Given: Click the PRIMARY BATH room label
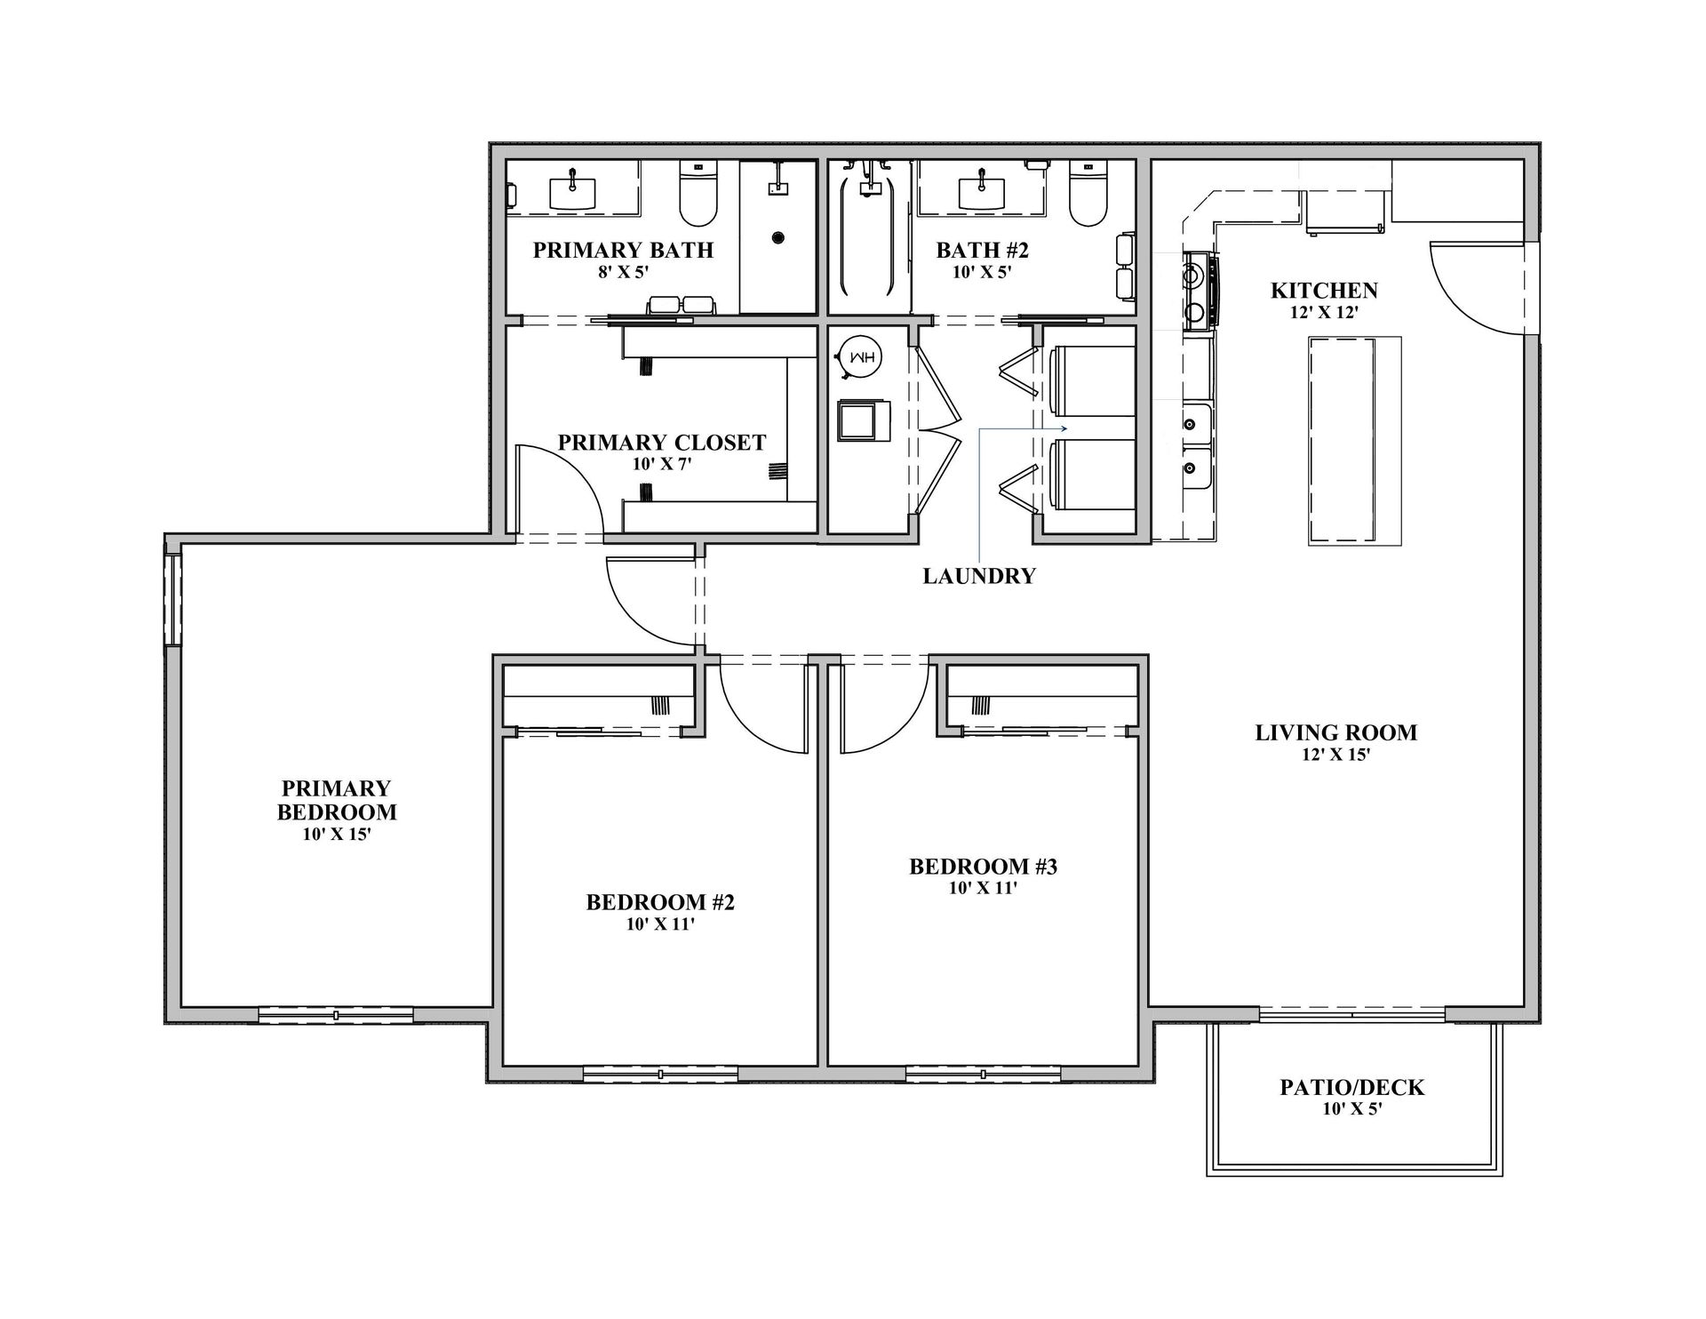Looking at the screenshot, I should click(623, 250).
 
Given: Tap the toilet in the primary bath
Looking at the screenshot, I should click(698, 194).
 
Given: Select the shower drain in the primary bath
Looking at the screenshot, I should click(778, 237).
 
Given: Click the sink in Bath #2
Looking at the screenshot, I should click(981, 190).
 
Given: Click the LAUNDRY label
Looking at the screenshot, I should click(979, 576).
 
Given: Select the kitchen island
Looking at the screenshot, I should click(1354, 441).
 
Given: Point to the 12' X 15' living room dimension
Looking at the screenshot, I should click(1335, 755).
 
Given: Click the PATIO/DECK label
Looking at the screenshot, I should click(1351, 1087).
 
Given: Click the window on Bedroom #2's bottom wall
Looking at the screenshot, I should click(660, 1074).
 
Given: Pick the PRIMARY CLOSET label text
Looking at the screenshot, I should click(661, 443).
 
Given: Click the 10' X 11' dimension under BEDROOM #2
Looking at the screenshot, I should click(659, 924).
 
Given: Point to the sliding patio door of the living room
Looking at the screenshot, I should click(1351, 1013).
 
